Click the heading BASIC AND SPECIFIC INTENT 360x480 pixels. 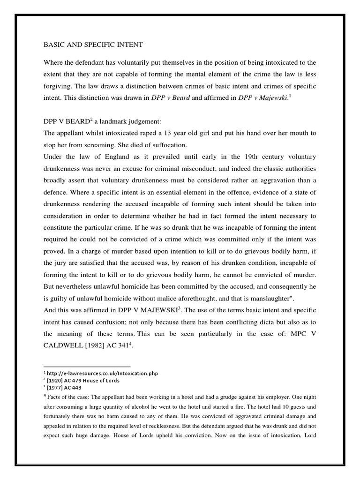93,45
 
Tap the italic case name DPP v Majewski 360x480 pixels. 259,97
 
